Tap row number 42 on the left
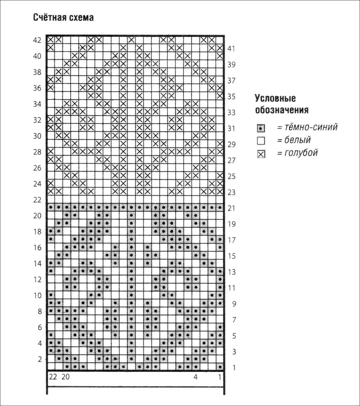click(37, 40)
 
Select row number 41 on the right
click(231, 48)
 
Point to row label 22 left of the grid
click(37, 200)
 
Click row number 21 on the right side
click(231, 208)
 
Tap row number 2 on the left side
click(40, 359)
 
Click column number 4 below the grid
click(195, 377)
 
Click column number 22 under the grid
click(52, 377)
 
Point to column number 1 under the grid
click(220, 377)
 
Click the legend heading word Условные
click(275, 98)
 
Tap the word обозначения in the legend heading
click(281, 110)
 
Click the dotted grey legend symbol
click(261, 128)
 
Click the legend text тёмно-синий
click(307, 127)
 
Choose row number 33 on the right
click(231, 112)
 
